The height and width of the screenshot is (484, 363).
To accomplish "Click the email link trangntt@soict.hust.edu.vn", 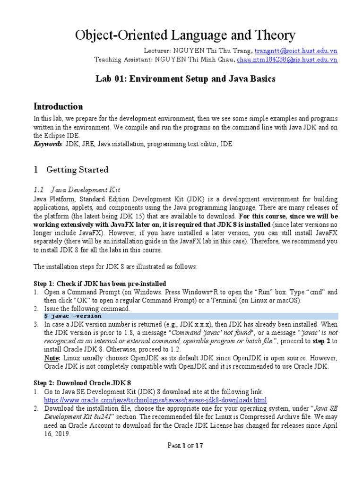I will (296, 51).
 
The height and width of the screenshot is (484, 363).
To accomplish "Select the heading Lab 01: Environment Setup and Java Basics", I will (185, 78).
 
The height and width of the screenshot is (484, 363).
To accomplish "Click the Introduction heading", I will (58, 106).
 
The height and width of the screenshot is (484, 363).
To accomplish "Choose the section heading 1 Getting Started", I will (70, 169).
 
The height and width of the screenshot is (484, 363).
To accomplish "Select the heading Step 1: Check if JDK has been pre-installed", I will (99, 284).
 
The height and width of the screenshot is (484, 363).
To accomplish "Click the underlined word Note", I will (52, 358).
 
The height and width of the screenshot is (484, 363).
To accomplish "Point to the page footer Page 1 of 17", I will (182, 445).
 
